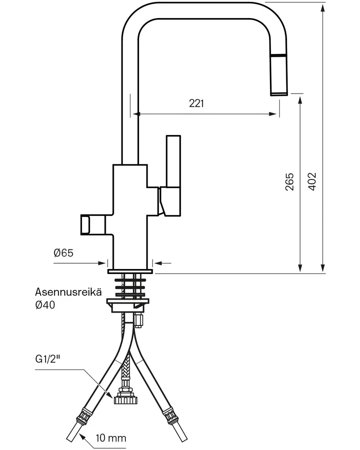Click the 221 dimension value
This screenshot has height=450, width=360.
(196, 103)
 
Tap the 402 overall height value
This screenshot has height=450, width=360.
(312, 181)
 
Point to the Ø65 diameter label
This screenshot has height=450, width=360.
(63, 252)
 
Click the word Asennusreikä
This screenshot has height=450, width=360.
(68, 292)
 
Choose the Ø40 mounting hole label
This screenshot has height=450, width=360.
(45, 305)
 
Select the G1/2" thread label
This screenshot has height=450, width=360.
(48, 359)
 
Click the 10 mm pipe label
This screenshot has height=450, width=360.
(111, 438)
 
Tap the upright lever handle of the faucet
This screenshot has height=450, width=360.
(173, 161)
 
